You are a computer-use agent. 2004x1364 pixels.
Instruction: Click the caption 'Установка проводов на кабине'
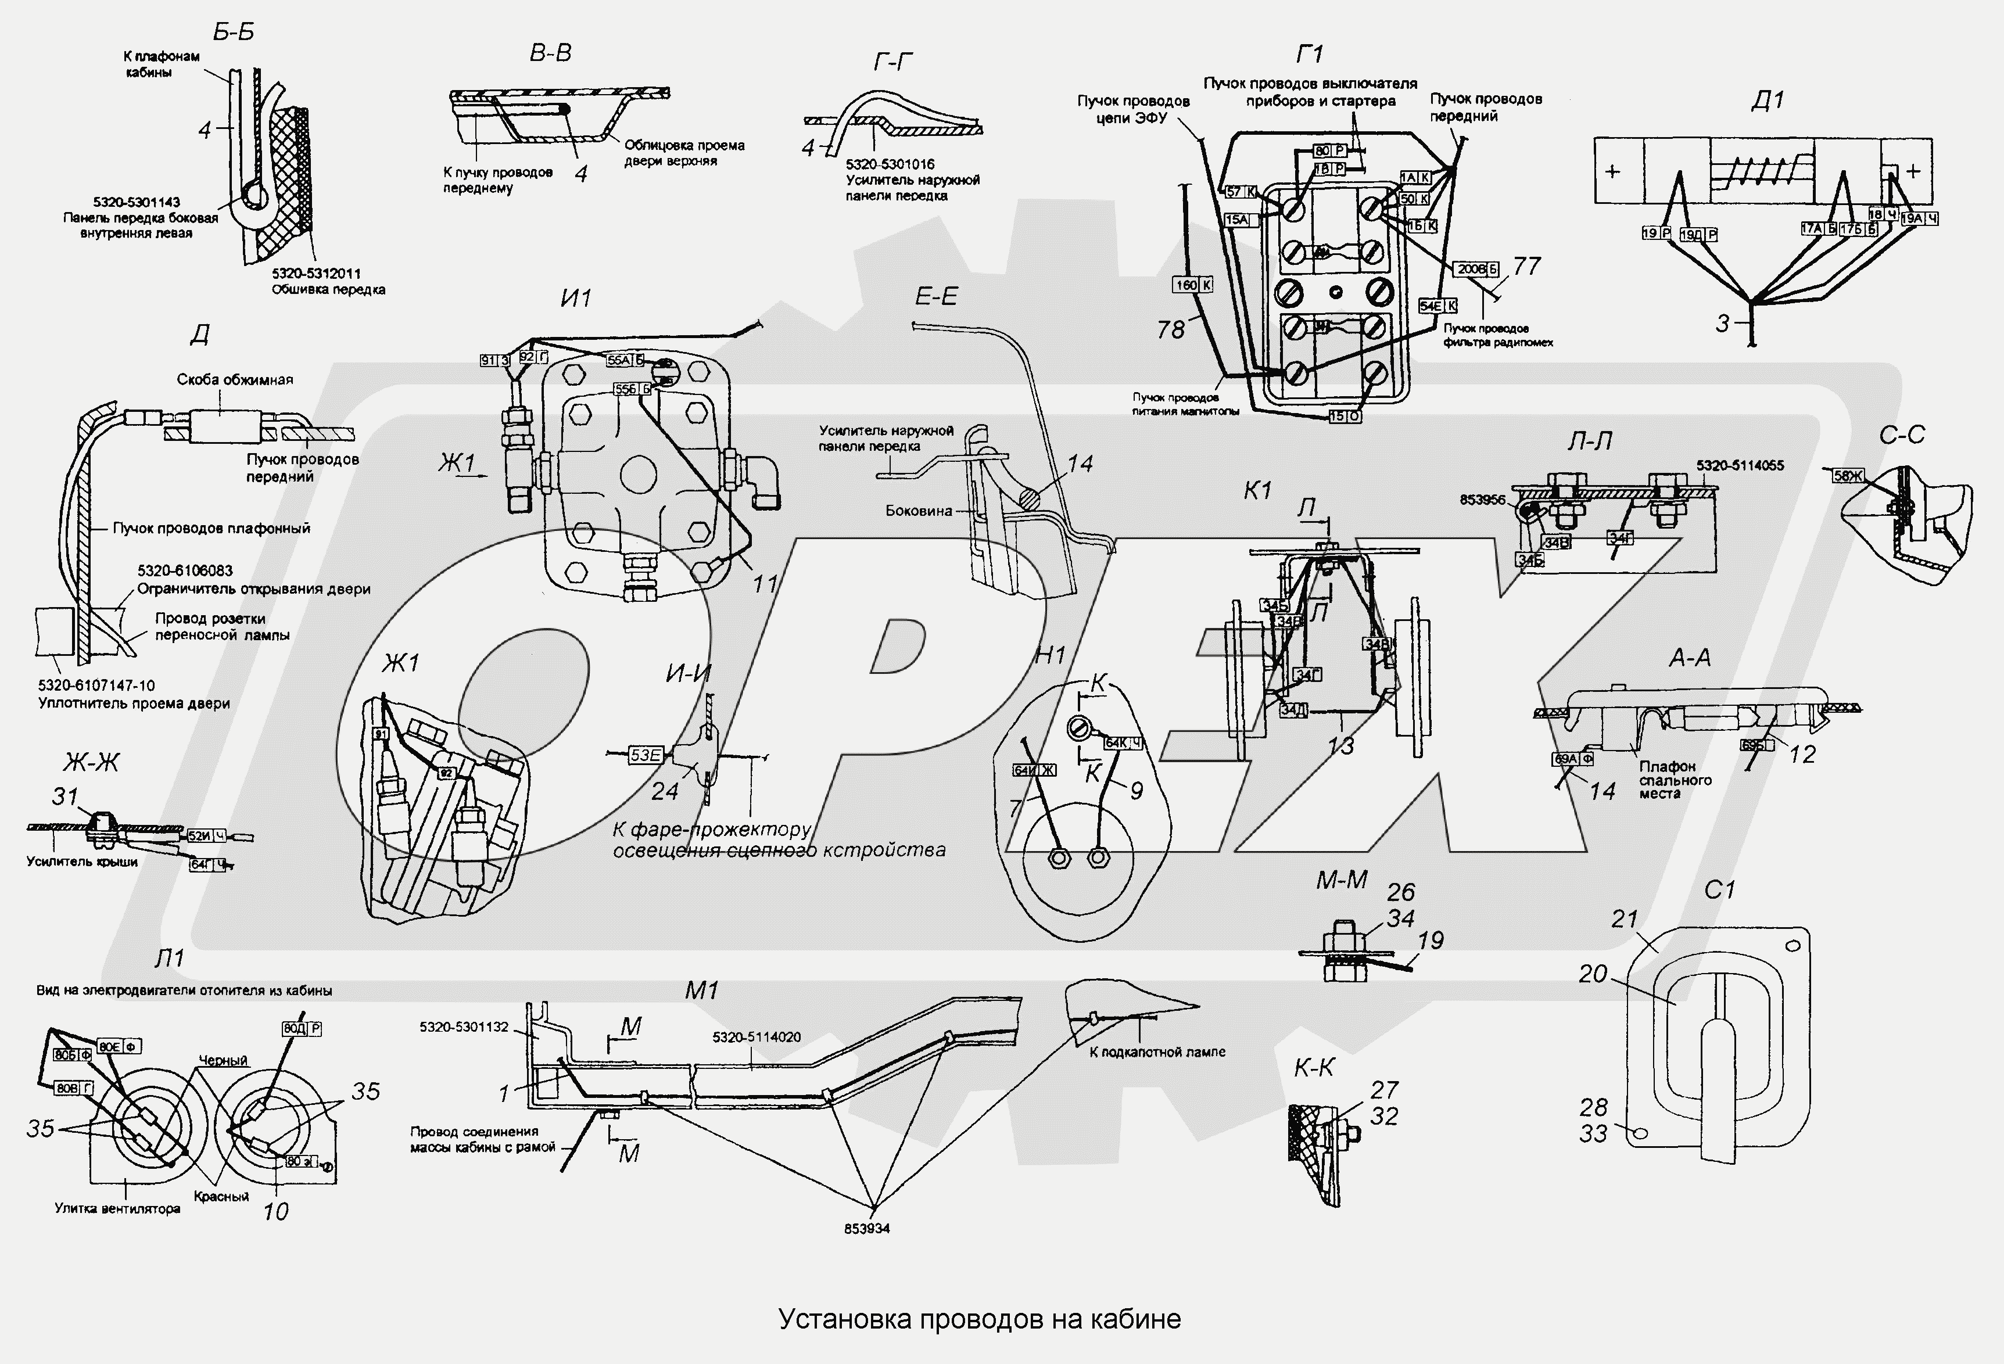tap(980, 1318)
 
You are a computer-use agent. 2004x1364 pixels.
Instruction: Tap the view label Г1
tap(1309, 55)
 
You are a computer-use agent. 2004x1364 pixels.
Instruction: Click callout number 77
tap(1526, 267)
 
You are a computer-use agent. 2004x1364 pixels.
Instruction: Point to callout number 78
tap(1170, 329)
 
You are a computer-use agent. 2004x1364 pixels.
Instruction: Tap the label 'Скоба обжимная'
tap(235, 379)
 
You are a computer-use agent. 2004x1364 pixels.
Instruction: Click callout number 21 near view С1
tap(1624, 919)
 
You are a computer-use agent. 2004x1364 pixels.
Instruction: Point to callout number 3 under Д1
tap(1720, 324)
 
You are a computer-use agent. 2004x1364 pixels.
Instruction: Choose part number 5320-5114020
tap(757, 1037)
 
